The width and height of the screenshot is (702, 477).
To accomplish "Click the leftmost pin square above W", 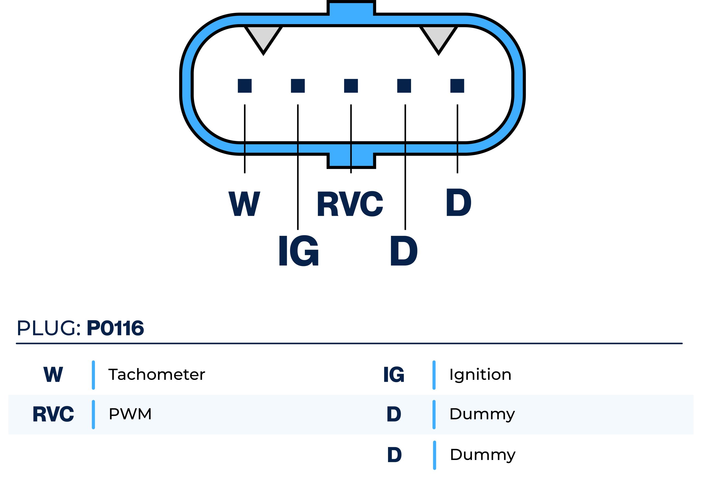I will [245, 86].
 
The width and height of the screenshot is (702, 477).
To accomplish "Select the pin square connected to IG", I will [298, 86].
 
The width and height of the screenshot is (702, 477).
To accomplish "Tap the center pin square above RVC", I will [351, 86].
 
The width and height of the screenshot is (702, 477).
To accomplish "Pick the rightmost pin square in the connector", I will [457, 86].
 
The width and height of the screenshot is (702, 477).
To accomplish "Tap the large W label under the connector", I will [244, 204].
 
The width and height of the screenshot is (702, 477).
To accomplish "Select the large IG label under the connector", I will [298, 251].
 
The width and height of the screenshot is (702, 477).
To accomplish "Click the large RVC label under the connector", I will [350, 204].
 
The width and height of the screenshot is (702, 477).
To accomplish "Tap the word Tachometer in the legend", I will [157, 375].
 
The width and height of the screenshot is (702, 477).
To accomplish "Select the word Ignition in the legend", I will [480, 375].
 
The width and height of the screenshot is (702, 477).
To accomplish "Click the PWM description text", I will [130, 414].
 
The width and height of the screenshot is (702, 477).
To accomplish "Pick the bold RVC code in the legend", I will [53, 414].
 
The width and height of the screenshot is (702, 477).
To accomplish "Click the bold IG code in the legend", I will [394, 375].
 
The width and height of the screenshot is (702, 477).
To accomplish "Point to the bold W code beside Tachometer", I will [53, 375].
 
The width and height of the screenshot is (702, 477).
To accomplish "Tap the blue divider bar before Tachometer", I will [93, 375].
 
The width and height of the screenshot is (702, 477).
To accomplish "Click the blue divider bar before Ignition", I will [434, 375].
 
